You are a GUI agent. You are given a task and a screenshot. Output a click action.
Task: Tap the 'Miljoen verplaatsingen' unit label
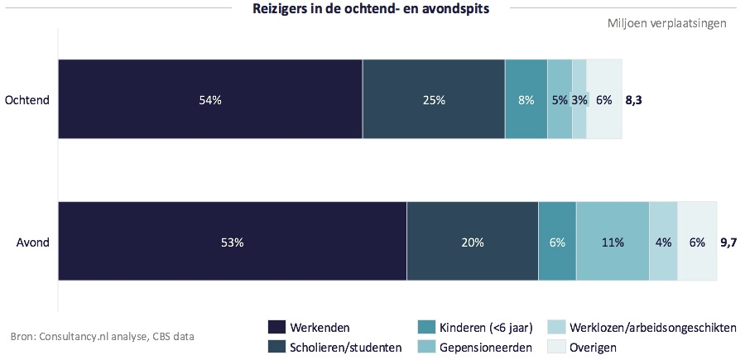(x=666, y=23)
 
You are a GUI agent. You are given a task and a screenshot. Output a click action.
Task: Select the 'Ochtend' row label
(x=27, y=100)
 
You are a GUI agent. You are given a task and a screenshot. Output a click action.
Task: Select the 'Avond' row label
(x=33, y=242)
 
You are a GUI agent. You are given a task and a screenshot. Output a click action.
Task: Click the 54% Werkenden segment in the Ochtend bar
(x=210, y=100)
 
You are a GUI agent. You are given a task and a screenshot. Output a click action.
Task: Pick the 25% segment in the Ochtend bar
(x=434, y=100)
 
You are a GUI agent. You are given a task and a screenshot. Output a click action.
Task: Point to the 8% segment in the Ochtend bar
(x=526, y=100)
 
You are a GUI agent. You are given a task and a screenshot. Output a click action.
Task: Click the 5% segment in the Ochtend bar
(x=560, y=100)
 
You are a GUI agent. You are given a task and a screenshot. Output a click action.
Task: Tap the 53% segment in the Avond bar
(x=232, y=242)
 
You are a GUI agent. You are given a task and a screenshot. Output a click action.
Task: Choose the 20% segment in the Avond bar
(x=473, y=242)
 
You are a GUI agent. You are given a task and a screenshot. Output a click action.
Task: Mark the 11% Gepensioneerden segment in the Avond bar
(x=613, y=242)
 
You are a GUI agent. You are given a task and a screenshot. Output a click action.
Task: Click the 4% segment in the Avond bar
(x=663, y=242)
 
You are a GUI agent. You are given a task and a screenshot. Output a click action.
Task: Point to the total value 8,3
(x=634, y=100)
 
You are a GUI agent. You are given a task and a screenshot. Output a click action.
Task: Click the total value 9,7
(x=729, y=242)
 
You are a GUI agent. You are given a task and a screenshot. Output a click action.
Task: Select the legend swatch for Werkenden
(x=276, y=328)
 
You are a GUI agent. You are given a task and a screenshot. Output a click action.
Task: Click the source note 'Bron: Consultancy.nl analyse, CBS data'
(x=103, y=337)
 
